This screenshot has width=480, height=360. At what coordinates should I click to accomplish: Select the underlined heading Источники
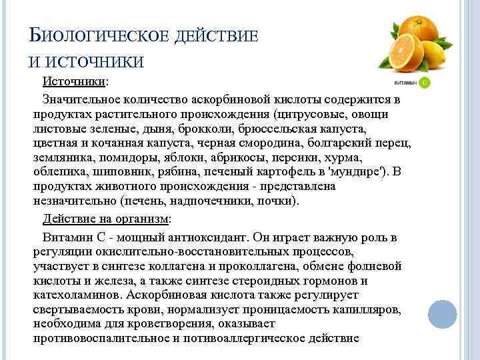[x=74, y=81]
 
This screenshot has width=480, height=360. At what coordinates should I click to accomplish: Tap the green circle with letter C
[x=424, y=83]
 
